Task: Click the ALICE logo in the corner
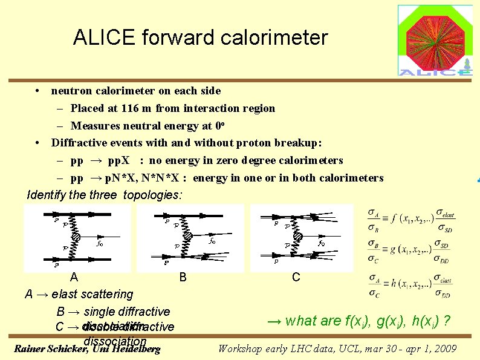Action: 435,40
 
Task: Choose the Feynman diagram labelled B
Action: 190,237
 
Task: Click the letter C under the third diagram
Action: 296,277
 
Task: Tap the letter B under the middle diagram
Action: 183,278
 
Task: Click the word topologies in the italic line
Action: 152,195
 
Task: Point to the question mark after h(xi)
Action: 448,321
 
